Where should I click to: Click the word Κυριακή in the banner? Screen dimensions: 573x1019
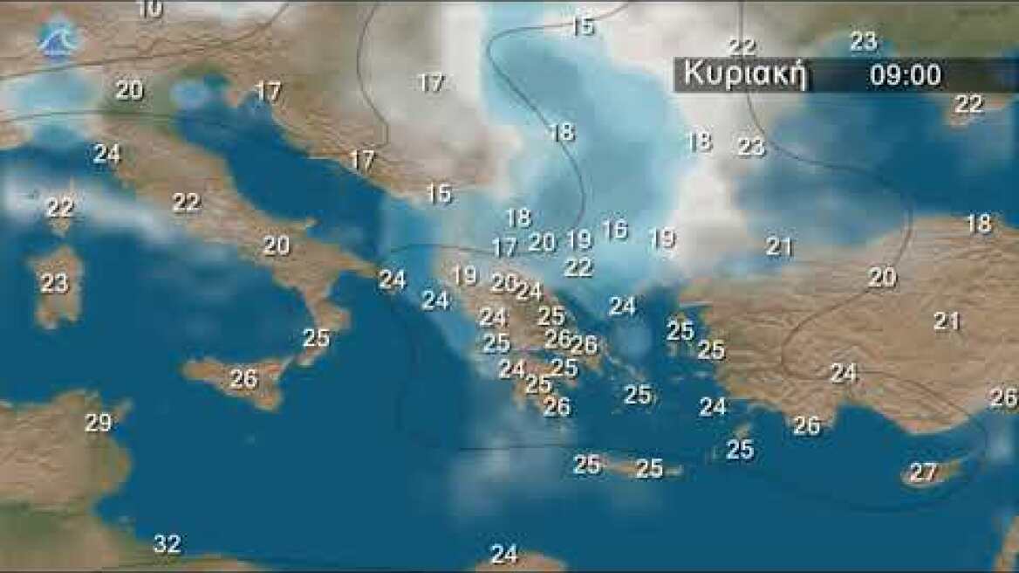[742, 74]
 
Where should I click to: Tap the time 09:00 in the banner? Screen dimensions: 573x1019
[906, 75]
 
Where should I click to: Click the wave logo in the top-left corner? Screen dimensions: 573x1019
[58, 38]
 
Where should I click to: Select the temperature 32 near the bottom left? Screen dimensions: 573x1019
[167, 544]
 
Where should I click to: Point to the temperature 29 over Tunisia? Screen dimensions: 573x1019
[99, 423]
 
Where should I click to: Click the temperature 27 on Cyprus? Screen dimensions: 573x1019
[923, 473]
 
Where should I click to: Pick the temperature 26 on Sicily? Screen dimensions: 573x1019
[244, 379]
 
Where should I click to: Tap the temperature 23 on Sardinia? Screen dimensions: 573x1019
[54, 283]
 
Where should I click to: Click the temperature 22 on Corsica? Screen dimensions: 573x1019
[59, 208]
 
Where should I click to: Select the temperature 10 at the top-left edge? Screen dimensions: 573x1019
[150, 9]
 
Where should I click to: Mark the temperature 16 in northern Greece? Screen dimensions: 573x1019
[614, 230]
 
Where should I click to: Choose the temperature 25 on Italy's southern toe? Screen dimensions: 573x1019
[316, 337]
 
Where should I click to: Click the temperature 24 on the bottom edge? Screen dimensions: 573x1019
[503, 554]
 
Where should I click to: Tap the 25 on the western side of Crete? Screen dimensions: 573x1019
[587, 465]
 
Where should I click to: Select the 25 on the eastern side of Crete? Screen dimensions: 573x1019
[649, 468]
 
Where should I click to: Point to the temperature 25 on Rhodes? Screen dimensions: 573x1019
[740, 449]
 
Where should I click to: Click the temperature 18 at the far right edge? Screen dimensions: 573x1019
[979, 224]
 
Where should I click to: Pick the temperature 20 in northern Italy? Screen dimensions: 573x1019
[129, 90]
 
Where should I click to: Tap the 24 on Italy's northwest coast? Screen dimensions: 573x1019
[106, 154]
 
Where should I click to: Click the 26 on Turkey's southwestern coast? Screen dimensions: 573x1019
[807, 425]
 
